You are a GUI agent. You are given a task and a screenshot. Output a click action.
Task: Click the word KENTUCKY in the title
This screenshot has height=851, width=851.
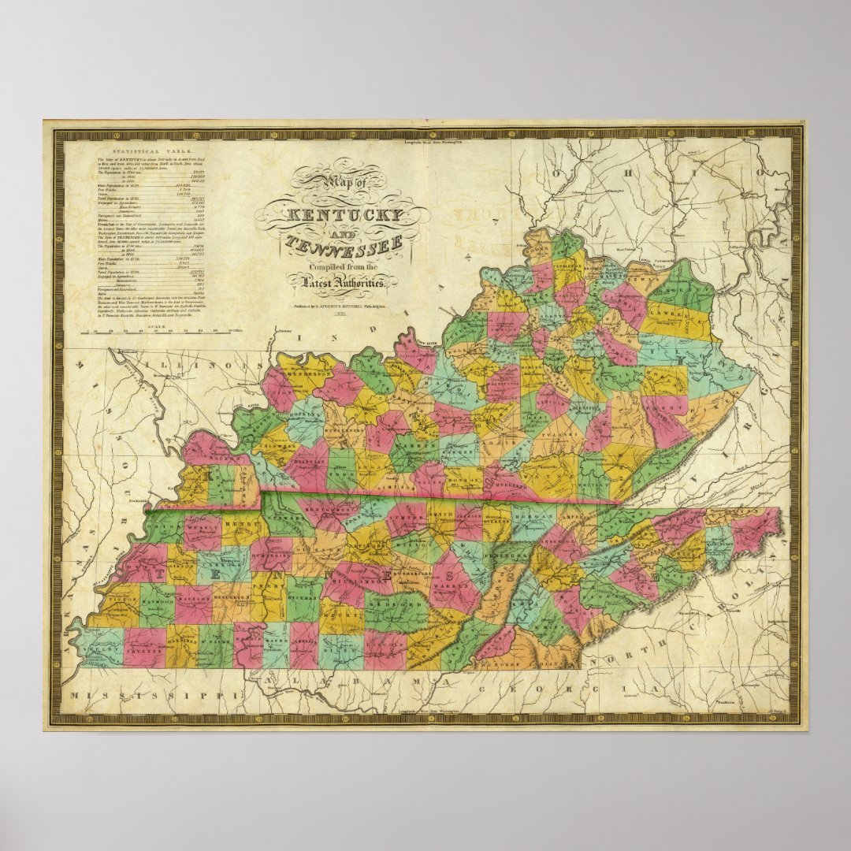344,214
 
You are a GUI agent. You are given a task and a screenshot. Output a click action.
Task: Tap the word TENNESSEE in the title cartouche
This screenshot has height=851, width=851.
344,245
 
